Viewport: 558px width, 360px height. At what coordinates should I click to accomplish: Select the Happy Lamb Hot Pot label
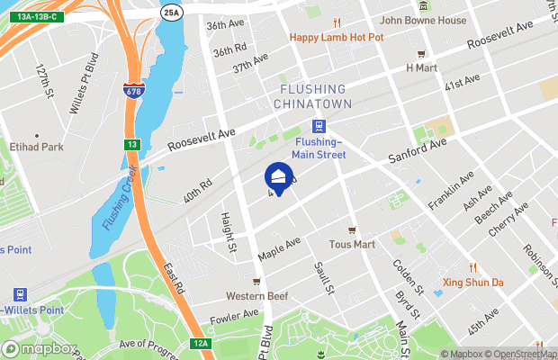(x=336, y=37)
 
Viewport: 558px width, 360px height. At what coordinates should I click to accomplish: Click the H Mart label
(x=420, y=67)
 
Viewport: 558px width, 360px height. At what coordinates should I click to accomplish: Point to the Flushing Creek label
(x=117, y=198)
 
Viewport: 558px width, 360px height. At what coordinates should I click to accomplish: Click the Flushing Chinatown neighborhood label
(x=312, y=96)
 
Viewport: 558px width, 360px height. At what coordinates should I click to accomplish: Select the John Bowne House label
(x=423, y=20)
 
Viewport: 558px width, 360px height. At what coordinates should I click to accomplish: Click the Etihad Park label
(x=38, y=146)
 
